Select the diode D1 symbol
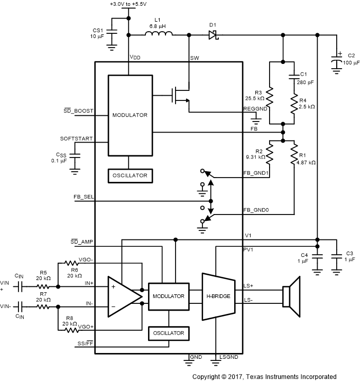pos(213,35)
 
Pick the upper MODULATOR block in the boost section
pos(130,115)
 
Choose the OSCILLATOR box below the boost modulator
pos(130,175)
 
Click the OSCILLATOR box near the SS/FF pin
pos(169,333)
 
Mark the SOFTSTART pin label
pos(77,138)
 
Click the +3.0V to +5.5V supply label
pos(128,4)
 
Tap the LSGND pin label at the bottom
pos(229,358)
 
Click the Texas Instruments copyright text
pos(264,376)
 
